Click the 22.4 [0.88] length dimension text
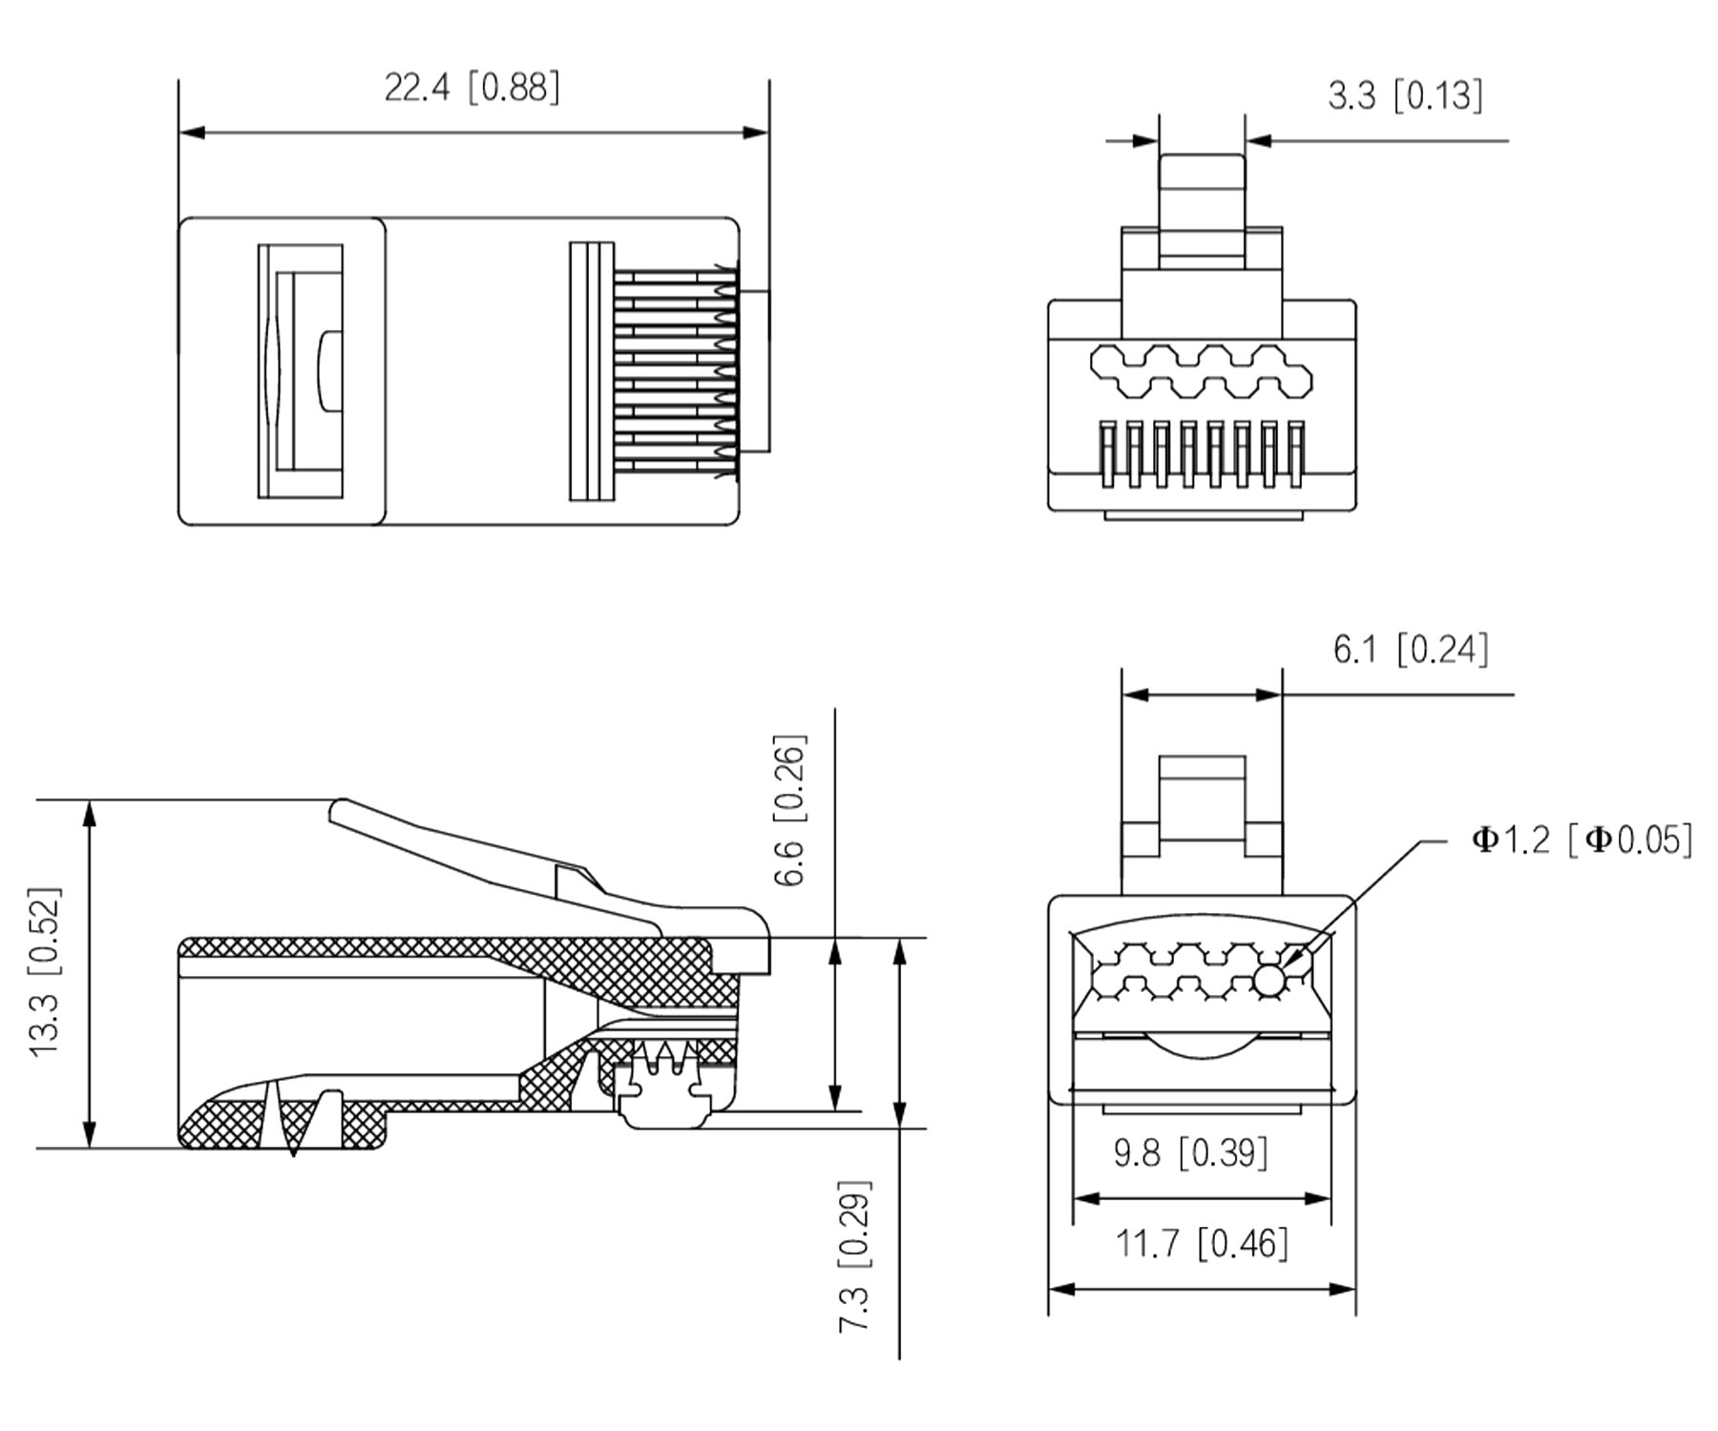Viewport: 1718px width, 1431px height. (471, 89)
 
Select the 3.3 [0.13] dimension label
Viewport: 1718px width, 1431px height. (1405, 96)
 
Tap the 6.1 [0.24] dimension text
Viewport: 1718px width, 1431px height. (1410, 651)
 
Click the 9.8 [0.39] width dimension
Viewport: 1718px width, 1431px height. (1191, 1153)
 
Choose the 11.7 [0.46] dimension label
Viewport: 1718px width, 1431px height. (1202, 1244)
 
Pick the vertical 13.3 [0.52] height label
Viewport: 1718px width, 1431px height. (46, 971)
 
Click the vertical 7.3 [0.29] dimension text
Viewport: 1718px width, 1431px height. (855, 1255)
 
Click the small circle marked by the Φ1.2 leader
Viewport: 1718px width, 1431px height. (1268, 979)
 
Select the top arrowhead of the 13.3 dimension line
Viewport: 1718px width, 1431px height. (90, 812)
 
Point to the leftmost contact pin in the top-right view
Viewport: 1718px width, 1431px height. (1107, 454)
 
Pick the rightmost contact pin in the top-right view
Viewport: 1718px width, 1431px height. (1296, 454)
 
